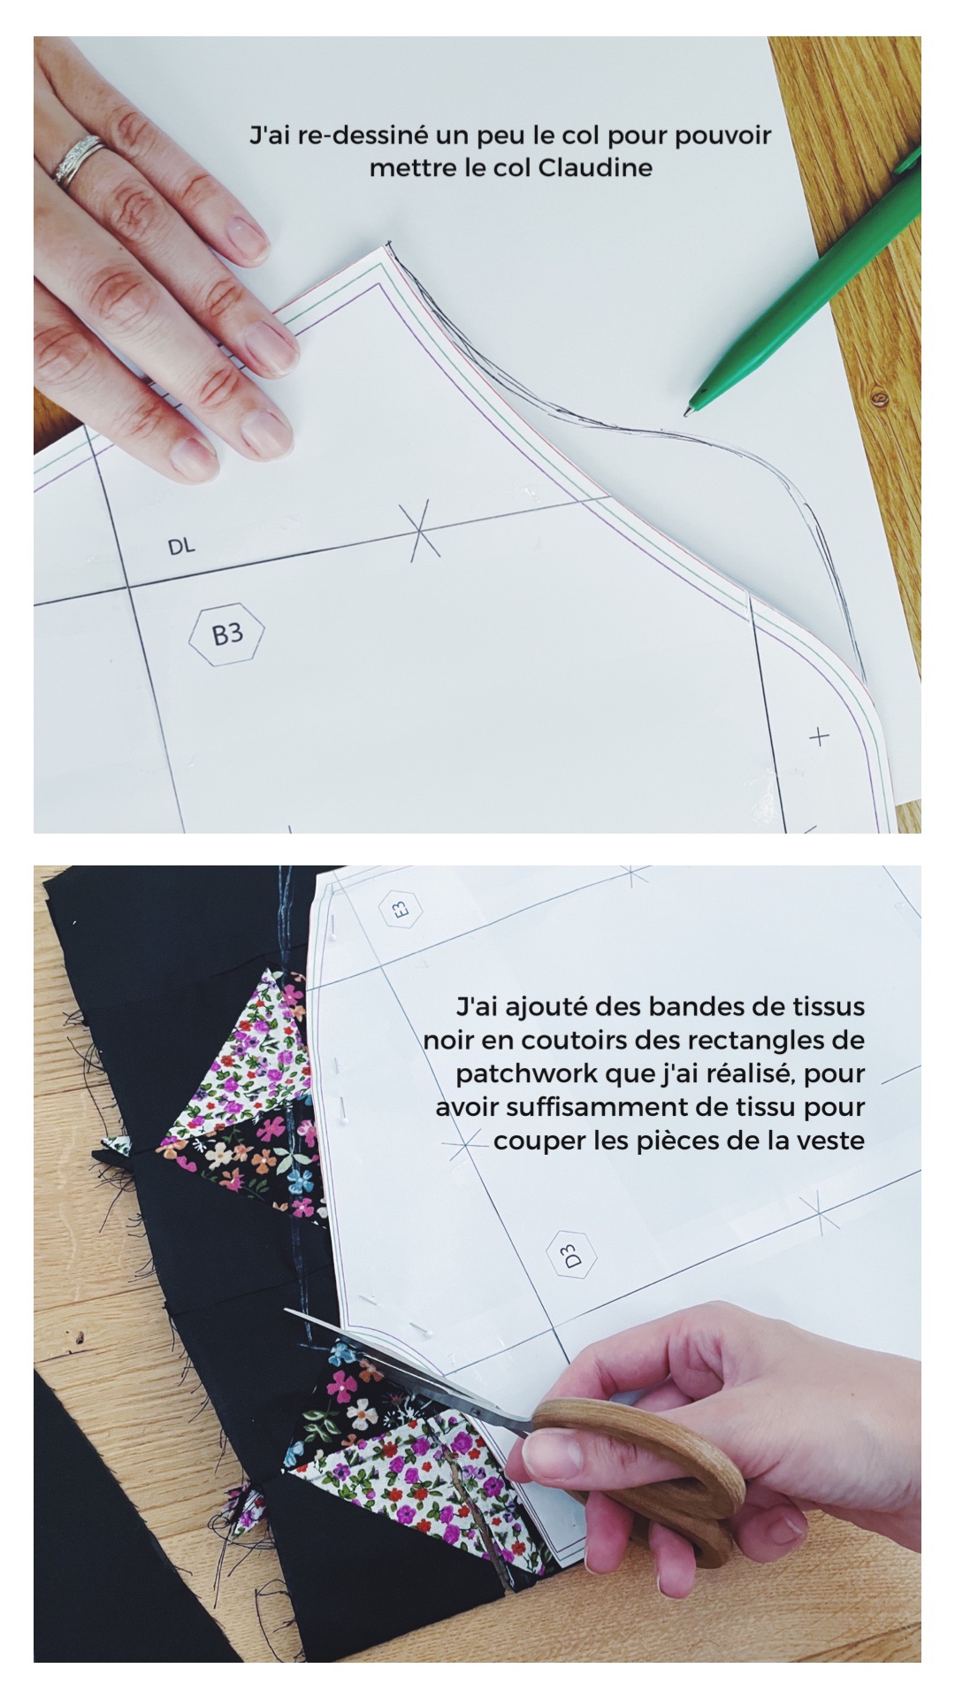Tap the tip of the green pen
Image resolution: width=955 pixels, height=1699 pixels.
688,411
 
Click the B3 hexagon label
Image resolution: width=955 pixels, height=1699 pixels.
227,634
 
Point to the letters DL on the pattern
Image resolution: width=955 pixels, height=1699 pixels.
181,547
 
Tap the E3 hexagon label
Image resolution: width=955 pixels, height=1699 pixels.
401,908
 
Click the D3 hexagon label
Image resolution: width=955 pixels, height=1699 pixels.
571,1256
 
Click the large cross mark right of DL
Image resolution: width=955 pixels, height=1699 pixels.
422,529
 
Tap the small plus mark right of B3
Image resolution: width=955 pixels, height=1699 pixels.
820,736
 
